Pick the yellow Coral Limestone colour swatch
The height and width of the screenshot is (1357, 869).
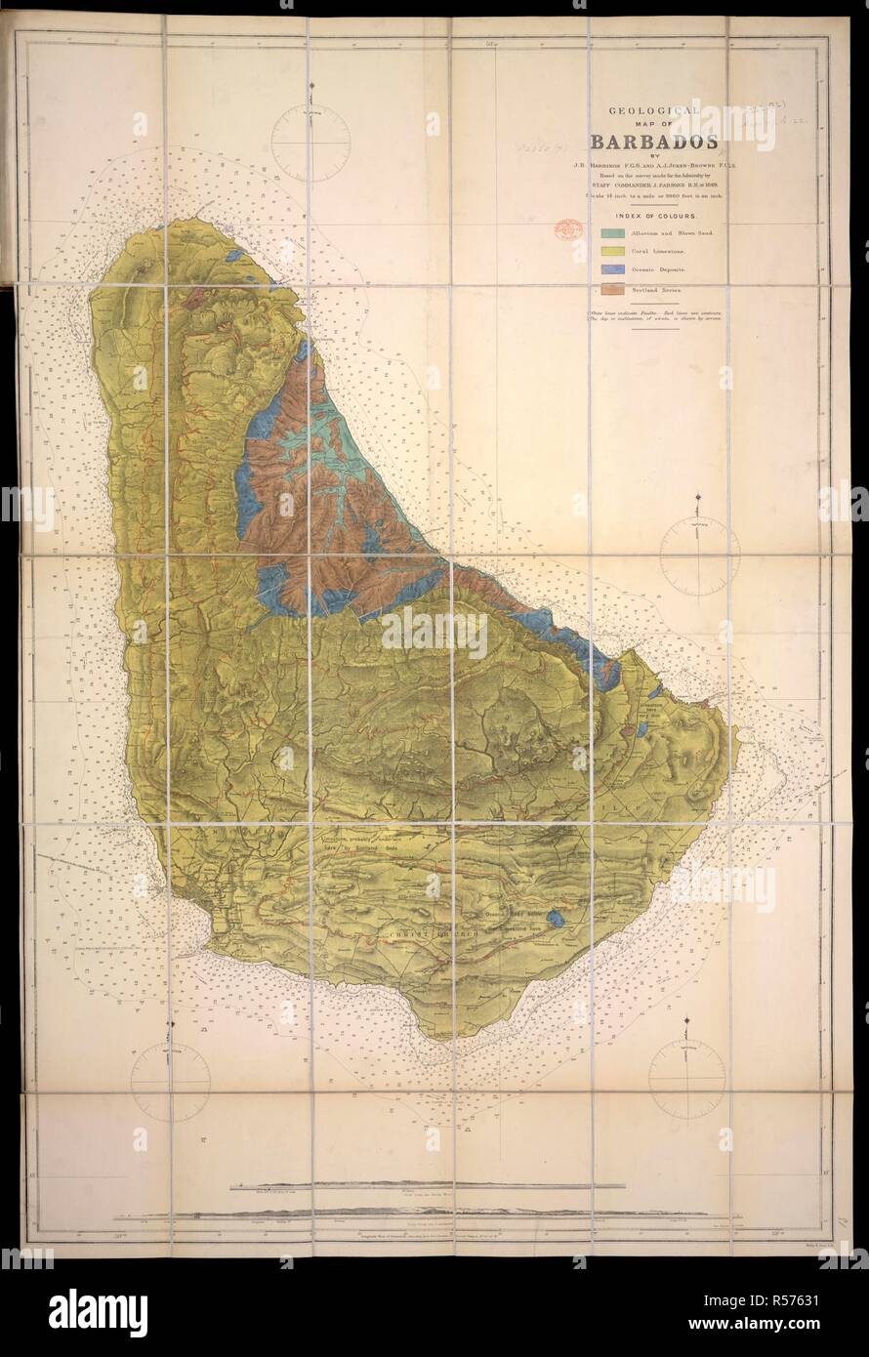tap(612, 252)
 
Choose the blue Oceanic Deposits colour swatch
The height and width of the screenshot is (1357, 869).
tap(612, 269)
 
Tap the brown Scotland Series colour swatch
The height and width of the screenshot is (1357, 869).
tap(612, 288)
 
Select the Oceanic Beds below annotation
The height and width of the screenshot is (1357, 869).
tap(514, 915)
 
